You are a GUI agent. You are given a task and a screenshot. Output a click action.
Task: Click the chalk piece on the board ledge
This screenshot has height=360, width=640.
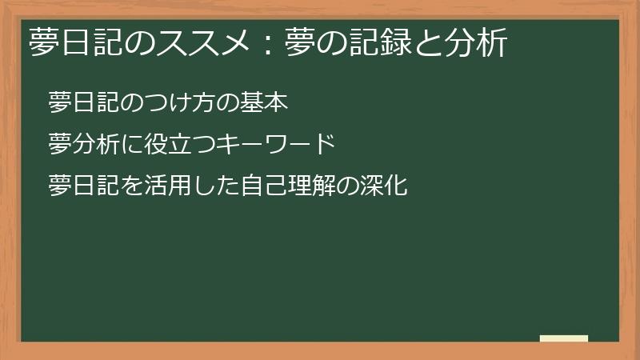click(x=564, y=338)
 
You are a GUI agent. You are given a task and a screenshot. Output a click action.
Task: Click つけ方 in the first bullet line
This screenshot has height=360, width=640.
click(x=183, y=103)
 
